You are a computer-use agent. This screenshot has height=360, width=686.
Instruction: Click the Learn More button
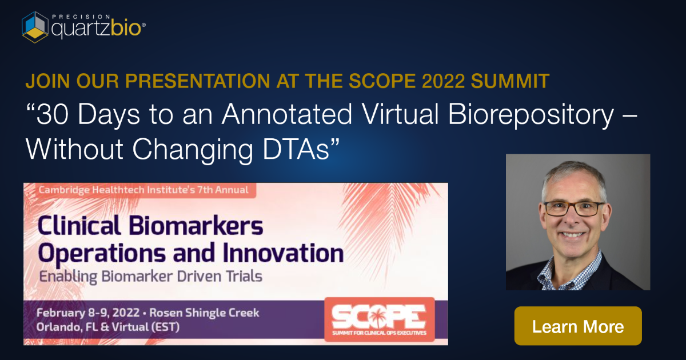click(578, 326)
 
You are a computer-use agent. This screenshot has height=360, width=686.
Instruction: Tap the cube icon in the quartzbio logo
click(35, 27)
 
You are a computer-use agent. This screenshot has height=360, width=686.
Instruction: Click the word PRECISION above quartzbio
click(81, 17)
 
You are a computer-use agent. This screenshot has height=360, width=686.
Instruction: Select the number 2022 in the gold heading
click(443, 81)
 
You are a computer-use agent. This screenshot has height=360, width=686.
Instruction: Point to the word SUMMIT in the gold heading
click(510, 81)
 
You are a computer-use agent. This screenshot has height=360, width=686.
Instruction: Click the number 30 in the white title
click(53, 114)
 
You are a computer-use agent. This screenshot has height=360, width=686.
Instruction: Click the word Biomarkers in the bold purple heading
click(196, 225)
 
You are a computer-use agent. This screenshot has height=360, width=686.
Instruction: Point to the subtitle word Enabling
click(68, 277)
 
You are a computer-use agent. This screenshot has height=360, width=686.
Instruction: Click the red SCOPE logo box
click(380, 319)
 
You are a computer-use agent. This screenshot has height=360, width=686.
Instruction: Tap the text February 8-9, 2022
click(88, 313)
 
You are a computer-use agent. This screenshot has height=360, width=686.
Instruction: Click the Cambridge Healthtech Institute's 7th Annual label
click(143, 190)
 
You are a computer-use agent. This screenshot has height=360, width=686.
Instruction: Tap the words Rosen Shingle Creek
click(204, 313)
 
